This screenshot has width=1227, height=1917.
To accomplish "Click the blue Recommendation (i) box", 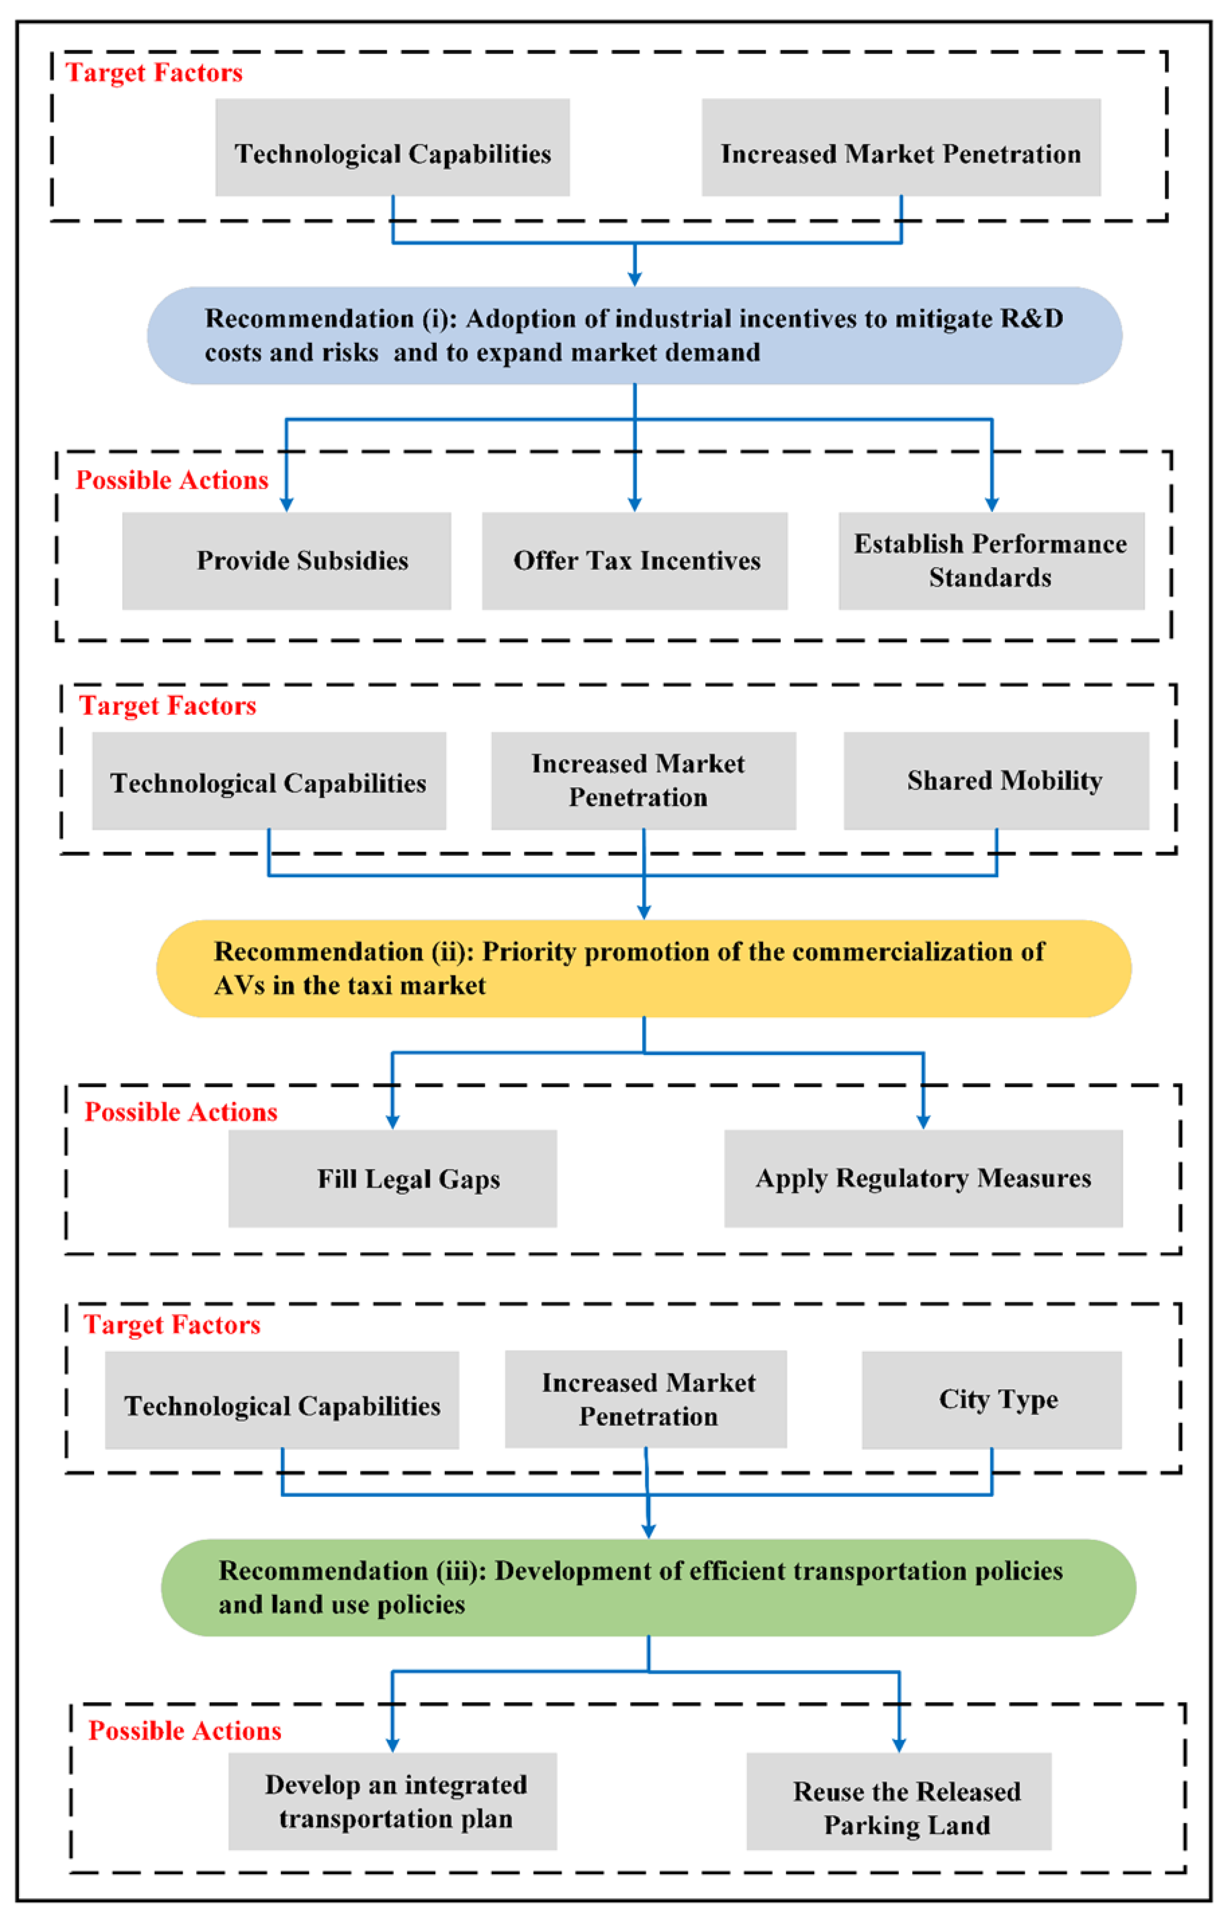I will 634,335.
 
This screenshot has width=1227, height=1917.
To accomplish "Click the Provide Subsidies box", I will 286,561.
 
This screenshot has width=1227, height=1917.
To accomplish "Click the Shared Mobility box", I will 996,781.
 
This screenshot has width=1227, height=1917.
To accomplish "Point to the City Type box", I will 991,1399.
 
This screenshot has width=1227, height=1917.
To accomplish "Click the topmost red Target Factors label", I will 154,72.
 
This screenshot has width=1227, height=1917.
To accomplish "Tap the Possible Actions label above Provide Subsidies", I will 171,480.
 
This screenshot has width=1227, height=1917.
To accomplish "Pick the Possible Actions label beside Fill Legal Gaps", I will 181,1112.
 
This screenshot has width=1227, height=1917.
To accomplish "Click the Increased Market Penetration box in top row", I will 900,147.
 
